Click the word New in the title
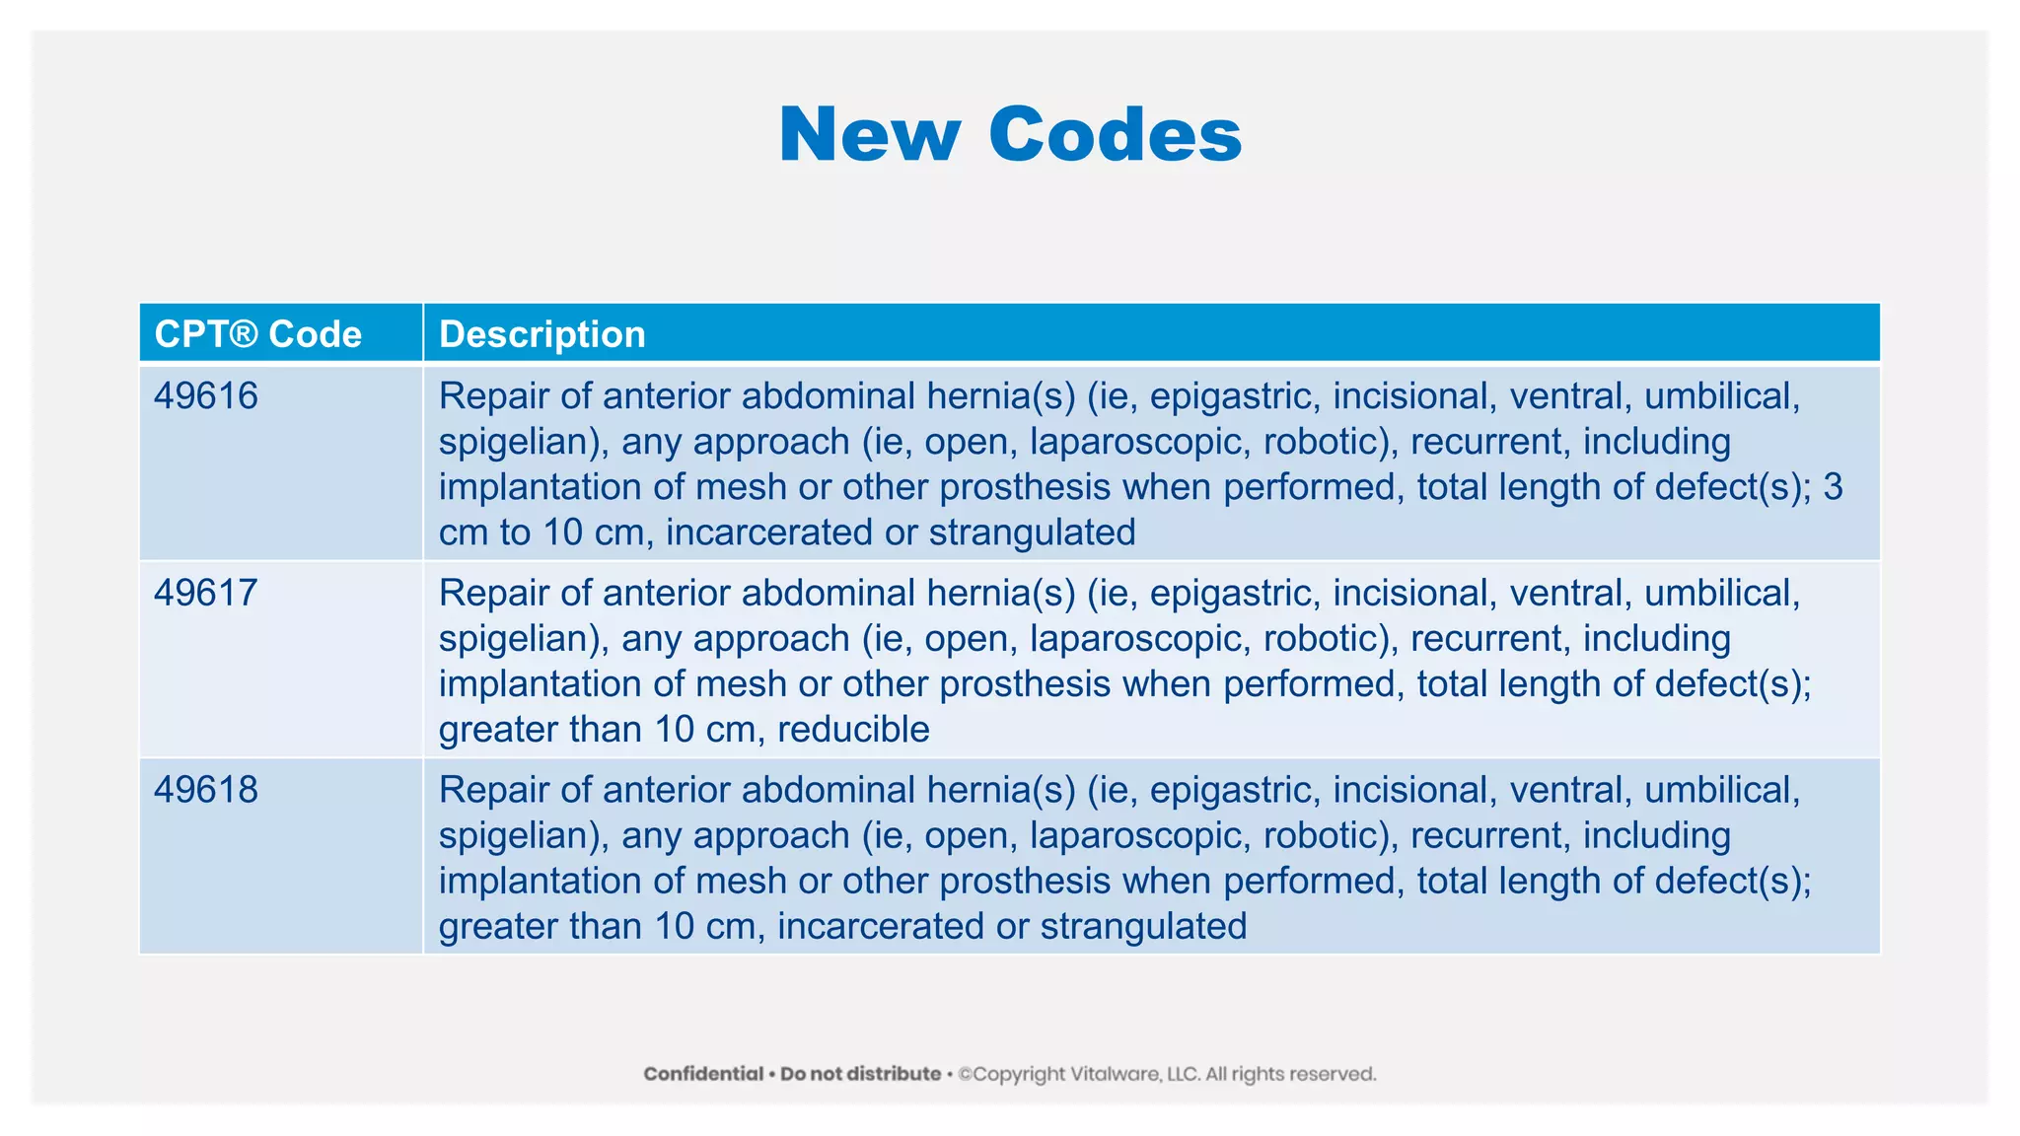pyautogui.click(x=868, y=135)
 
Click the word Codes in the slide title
pyautogui.click(x=1115, y=135)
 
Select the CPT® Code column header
pyautogui.click(x=258, y=334)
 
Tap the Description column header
pyautogui.click(x=541, y=334)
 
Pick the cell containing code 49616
pyautogui.click(x=206, y=396)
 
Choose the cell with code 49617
pyautogui.click(x=206, y=593)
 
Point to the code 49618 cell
pyautogui.click(x=206, y=790)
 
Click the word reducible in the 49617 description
pyautogui.click(x=853, y=730)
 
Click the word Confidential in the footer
pyautogui.click(x=703, y=1074)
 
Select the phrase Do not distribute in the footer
pyautogui.click(x=860, y=1074)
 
